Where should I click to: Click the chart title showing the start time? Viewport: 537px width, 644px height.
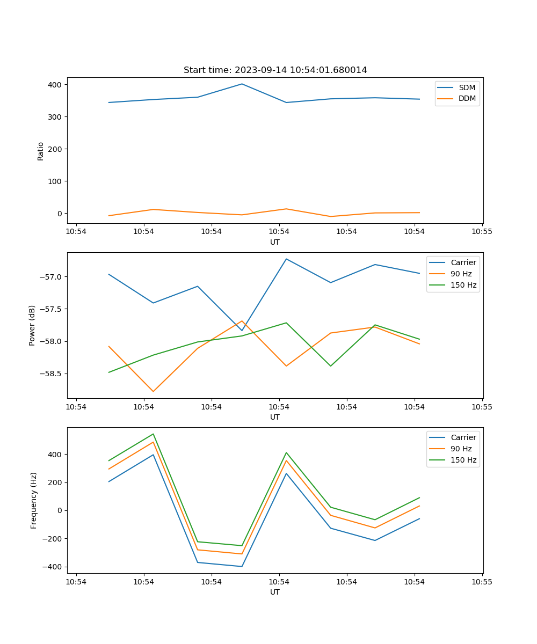point(275,70)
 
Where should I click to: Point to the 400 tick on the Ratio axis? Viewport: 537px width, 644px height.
point(55,85)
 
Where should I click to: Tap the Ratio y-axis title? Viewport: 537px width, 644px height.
point(41,151)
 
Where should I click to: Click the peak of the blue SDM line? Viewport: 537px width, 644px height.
point(242,84)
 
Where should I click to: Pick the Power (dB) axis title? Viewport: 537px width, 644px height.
point(32,325)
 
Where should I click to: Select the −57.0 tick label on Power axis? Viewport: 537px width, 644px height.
point(50,277)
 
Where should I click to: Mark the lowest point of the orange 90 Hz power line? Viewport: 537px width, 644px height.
point(153,391)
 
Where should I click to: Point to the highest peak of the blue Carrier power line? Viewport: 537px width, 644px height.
point(286,259)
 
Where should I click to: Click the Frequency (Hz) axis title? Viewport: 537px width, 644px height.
point(34,500)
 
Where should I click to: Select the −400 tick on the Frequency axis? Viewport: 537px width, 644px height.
point(53,567)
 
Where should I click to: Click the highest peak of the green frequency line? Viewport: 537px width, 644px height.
point(153,434)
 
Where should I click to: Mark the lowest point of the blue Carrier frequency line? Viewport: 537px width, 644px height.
point(242,566)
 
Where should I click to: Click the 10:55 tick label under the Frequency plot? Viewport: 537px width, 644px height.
point(482,582)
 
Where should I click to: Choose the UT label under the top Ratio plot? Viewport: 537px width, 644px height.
point(275,242)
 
